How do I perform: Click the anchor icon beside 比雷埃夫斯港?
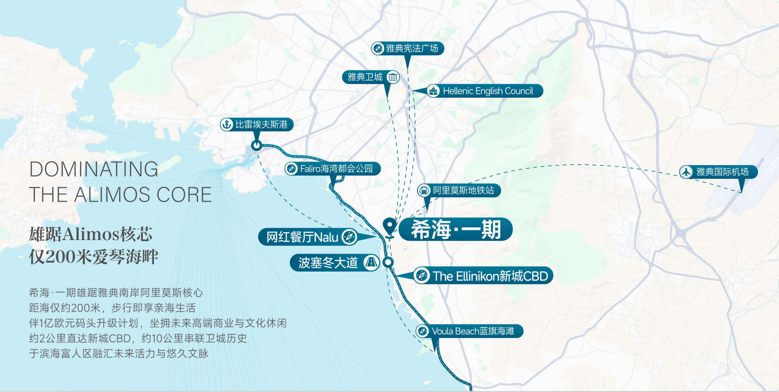[227, 125]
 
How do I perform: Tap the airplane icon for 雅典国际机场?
[686, 172]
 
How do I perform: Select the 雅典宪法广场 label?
[412, 48]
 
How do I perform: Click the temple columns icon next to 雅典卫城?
[393, 77]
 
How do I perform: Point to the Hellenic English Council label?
[488, 91]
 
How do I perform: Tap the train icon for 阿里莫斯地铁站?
[424, 190]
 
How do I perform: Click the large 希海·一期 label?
[456, 229]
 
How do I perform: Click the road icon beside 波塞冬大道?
[371, 262]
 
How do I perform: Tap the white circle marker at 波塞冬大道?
[388, 262]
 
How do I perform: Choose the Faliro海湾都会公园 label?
[336, 169]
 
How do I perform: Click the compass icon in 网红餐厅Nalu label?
[349, 237]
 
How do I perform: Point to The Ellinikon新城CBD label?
[490, 276]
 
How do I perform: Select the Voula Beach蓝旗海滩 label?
[473, 331]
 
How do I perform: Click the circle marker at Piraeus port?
[256, 145]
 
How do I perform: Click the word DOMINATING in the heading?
[94, 169]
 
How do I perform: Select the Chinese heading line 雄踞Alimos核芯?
[91, 234]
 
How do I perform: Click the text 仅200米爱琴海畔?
[93, 257]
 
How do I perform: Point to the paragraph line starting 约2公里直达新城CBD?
[138, 338]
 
